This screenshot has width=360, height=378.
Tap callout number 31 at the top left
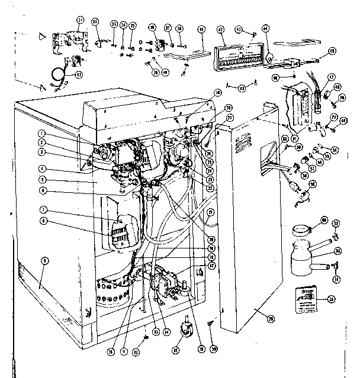click(x=81, y=20)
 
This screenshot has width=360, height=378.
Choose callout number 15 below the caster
click(x=176, y=350)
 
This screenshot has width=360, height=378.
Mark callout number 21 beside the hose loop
click(x=210, y=213)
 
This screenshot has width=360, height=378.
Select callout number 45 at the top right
click(x=332, y=50)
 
